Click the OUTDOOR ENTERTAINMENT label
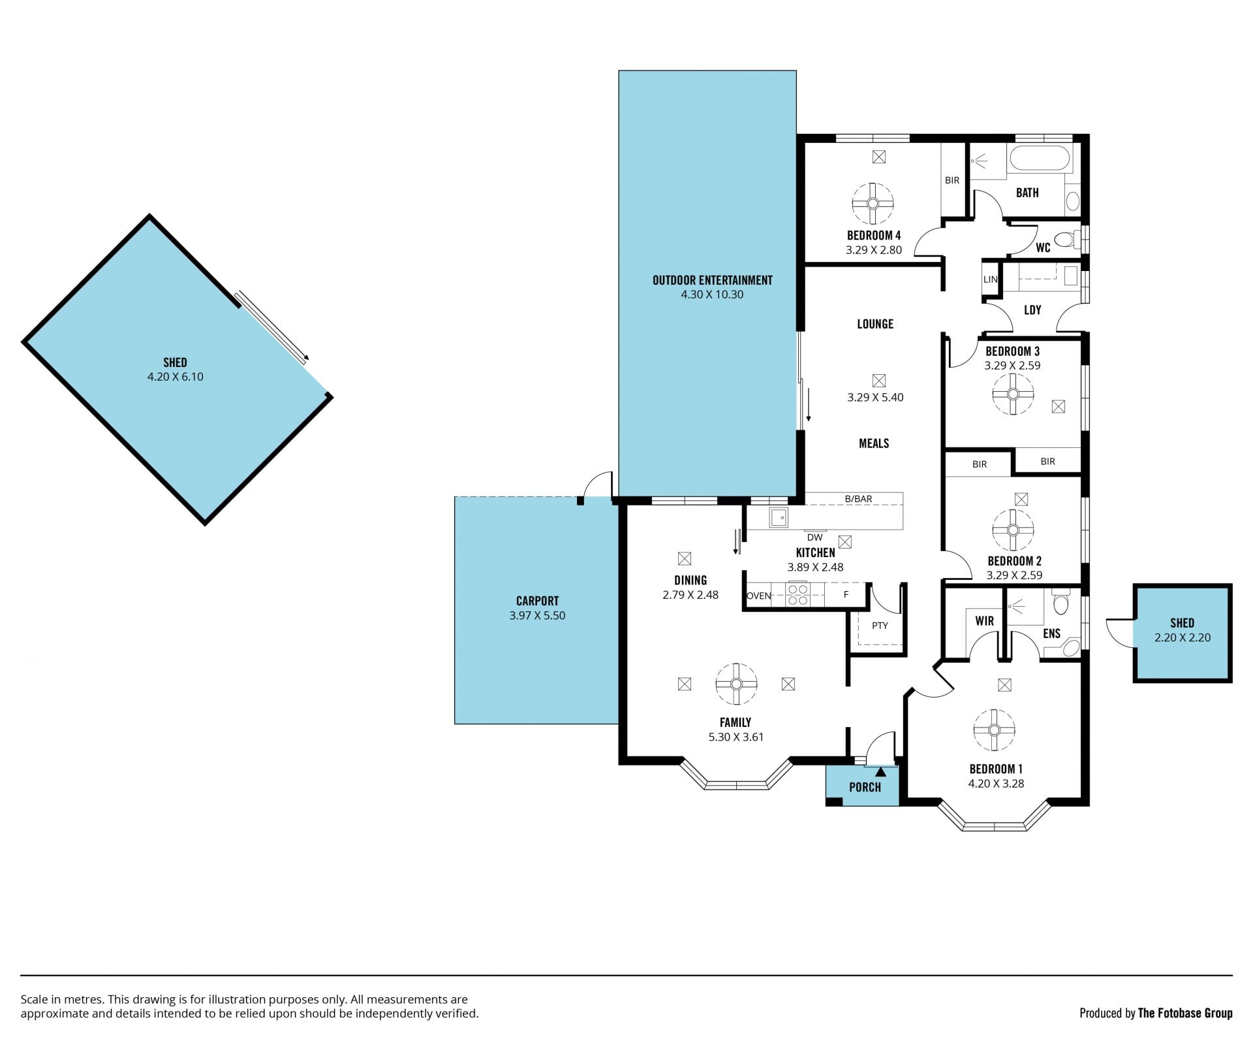(x=712, y=280)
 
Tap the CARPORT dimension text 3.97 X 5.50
(x=537, y=615)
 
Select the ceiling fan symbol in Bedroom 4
(x=873, y=204)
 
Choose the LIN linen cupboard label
(x=990, y=280)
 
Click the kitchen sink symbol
(x=778, y=517)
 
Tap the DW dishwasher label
(x=814, y=537)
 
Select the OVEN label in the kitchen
(x=758, y=596)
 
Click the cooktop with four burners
(x=797, y=594)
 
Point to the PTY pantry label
(x=880, y=626)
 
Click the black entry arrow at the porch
(x=880, y=771)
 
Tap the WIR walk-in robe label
(x=984, y=621)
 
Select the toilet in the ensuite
(x=1060, y=602)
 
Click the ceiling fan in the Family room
(x=736, y=684)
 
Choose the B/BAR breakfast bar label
(x=858, y=499)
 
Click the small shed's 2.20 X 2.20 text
(x=1182, y=638)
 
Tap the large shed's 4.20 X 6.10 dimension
(x=175, y=377)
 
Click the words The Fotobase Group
(x=1185, y=1014)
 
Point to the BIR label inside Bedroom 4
(x=952, y=180)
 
